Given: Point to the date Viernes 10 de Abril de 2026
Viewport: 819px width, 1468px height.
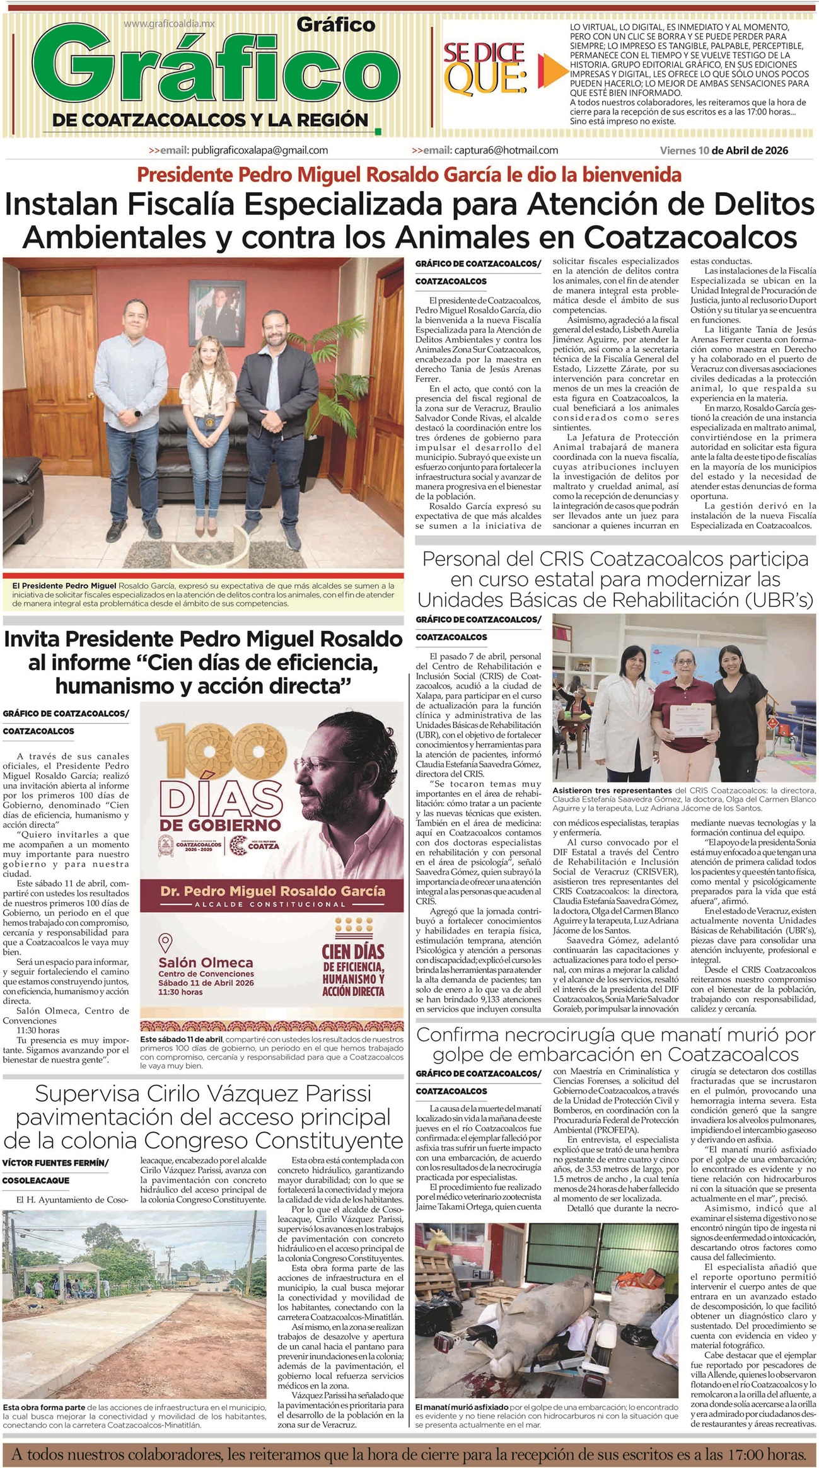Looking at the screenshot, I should [x=724, y=151].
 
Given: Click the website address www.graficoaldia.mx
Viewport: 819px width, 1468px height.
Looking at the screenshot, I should [x=169, y=23].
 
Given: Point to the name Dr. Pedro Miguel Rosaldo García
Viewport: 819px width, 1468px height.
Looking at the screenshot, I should [x=272, y=891].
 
